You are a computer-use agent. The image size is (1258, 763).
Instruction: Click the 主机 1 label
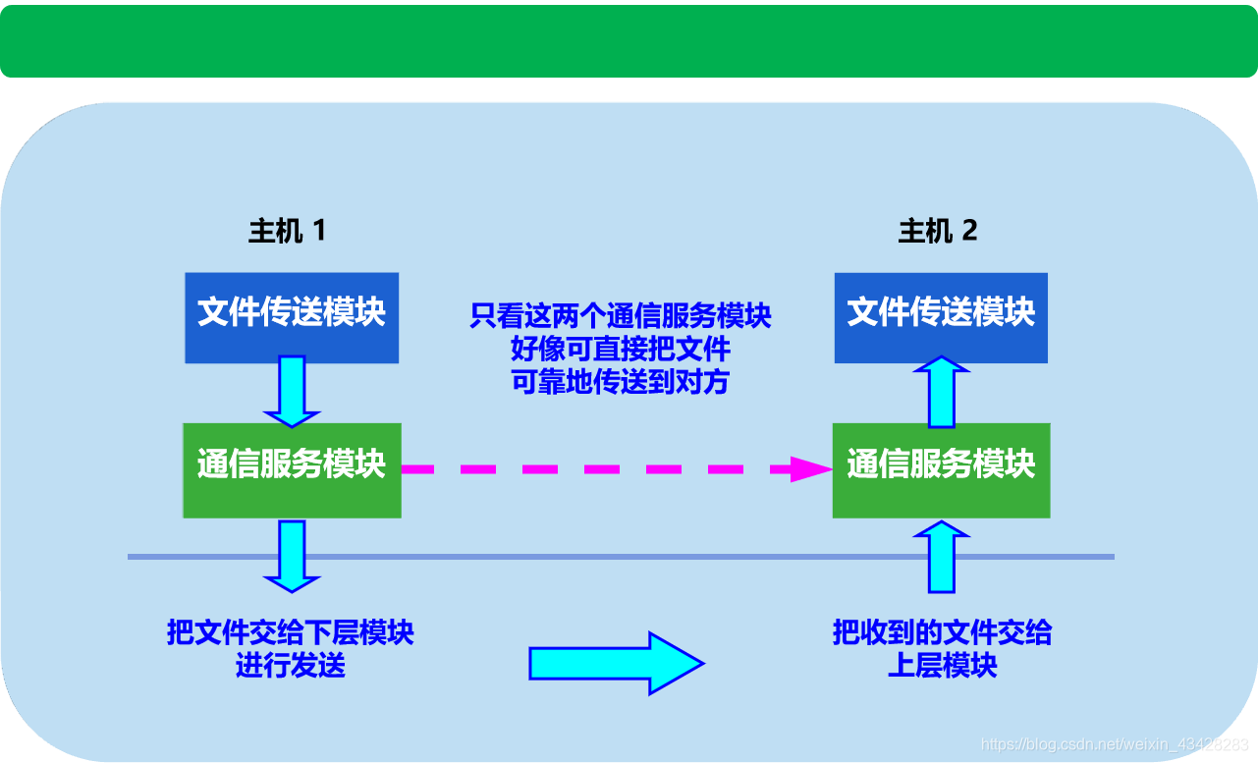point(287,232)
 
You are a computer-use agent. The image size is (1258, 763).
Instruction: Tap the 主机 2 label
point(938,232)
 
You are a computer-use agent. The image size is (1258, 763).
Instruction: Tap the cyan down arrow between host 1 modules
point(292,391)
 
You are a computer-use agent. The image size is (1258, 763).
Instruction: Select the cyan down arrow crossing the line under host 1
point(292,556)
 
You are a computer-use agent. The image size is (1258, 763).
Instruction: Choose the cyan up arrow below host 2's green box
point(942,557)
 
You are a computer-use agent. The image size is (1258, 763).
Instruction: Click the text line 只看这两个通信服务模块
point(620,316)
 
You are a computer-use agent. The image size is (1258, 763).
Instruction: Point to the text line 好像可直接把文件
point(620,349)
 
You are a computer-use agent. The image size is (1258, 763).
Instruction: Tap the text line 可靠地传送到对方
point(620,381)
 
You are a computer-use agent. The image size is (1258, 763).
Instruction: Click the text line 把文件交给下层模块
point(291,633)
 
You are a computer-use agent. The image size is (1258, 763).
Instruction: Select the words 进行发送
point(291,665)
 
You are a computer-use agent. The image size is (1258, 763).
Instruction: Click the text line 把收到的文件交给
point(942,633)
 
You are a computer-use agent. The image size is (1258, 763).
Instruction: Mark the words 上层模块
point(942,665)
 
